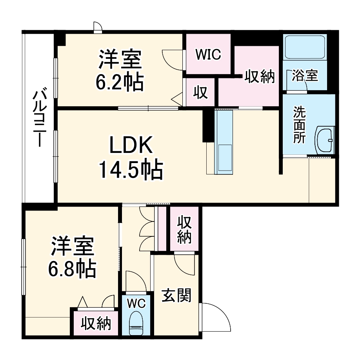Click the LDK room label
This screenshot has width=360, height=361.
click(130, 146)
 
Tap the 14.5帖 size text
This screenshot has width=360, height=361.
click(130, 169)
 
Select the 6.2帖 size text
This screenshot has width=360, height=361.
click(120, 81)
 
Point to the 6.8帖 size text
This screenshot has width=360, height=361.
click(72, 268)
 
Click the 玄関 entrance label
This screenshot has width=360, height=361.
click(177, 296)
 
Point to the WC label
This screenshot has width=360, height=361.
click(136, 303)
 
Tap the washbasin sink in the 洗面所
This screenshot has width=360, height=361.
click(325, 140)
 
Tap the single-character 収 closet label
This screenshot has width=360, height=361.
click(200, 93)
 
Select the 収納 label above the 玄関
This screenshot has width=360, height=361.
click(184, 230)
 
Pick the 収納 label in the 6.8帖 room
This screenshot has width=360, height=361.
click(96, 323)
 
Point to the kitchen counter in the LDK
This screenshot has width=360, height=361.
click(224, 141)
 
